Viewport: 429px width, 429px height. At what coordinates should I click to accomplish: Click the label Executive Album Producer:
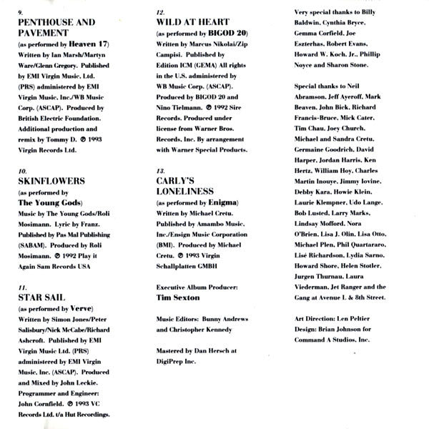pos(199,287)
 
